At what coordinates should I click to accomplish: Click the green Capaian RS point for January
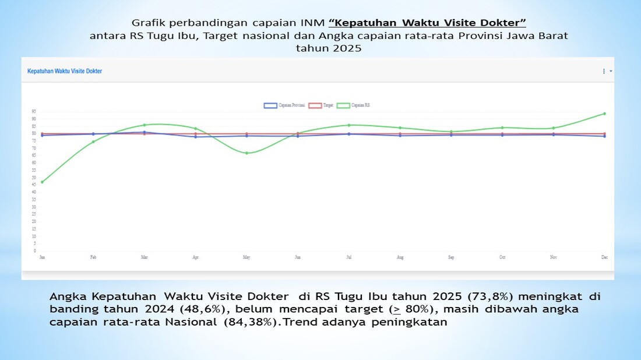point(42,182)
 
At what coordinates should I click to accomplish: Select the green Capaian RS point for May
point(246,153)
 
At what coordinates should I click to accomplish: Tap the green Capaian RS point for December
point(604,114)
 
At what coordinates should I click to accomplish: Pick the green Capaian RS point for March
point(145,125)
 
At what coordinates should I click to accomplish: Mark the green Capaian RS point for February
point(93,142)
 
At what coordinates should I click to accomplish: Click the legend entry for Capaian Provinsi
point(284,105)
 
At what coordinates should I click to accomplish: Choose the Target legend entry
point(320,105)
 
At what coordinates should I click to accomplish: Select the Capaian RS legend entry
point(354,105)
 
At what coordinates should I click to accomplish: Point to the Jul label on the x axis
point(348,257)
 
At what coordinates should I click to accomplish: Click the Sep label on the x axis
point(451,257)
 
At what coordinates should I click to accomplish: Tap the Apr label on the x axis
point(195,257)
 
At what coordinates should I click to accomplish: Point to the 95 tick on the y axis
point(34,111)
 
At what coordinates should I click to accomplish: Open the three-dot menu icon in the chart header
point(604,71)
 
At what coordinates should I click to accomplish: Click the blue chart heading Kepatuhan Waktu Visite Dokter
point(65,71)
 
